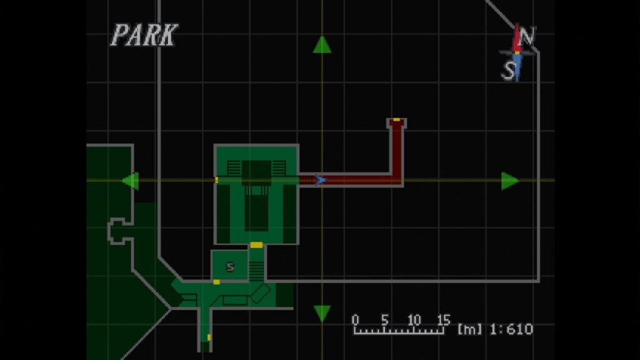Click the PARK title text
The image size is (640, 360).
click(x=144, y=35)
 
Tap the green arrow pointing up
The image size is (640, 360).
click(x=322, y=44)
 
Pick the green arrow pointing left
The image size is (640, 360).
click(x=131, y=181)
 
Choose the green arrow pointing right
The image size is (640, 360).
click(x=510, y=181)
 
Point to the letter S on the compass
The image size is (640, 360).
click(x=509, y=71)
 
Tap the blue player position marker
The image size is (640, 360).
click(x=321, y=179)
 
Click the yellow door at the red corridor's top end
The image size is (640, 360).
click(x=396, y=120)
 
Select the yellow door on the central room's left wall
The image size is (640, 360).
click(x=216, y=180)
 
